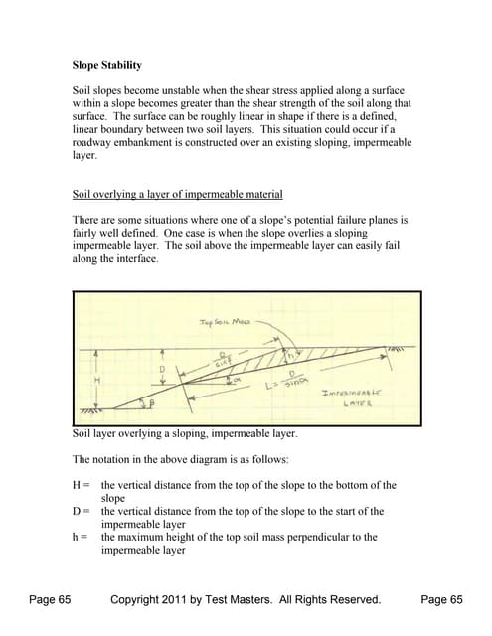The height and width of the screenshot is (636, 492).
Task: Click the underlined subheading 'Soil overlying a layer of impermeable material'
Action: tap(178, 194)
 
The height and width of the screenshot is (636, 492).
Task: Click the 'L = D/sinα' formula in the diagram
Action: tap(295, 382)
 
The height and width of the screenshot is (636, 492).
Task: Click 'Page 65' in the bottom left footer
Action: tap(50, 599)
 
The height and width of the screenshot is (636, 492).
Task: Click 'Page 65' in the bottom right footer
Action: tap(442, 599)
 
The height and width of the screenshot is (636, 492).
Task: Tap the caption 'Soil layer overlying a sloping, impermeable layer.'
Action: tap(186, 433)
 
